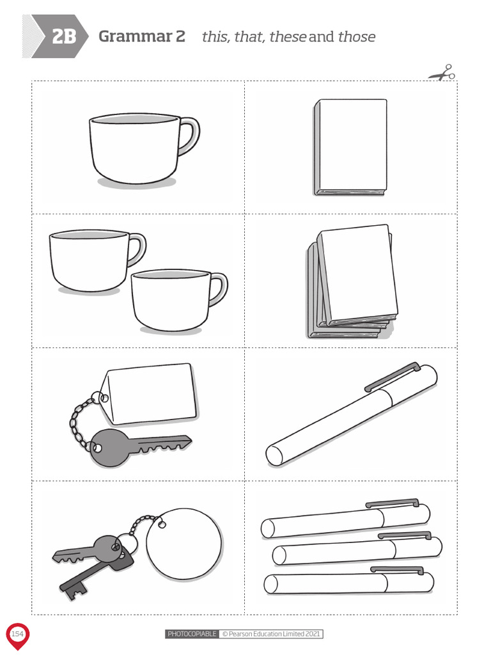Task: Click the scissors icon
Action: [x=442, y=73]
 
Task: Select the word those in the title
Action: [x=357, y=36]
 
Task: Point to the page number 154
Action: [x=17, y=634]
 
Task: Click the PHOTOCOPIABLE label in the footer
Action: [x=192, y=634]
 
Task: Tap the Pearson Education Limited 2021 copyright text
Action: [x=271, y=634]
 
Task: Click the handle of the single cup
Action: [x=191, y=136]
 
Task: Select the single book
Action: [x=350, y=148]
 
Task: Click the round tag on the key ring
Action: [x=184, y=544]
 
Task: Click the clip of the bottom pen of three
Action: [x=397, y=570]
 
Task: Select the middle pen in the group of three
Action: [x=357, y=549]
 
